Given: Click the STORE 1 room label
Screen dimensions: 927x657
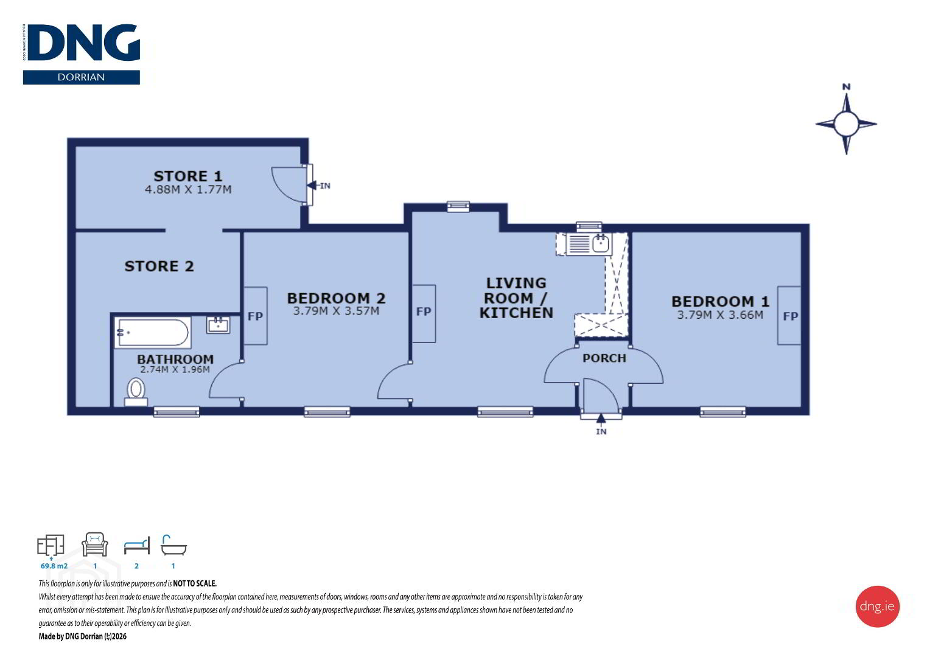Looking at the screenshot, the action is tap(188, 176).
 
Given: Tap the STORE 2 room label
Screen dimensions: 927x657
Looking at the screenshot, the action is tap(159, 266).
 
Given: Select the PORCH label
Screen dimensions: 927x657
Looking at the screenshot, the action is tap(604, 358).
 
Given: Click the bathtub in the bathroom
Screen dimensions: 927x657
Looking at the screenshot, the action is tap(153, 332).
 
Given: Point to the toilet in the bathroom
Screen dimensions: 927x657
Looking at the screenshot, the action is tap(136, 392).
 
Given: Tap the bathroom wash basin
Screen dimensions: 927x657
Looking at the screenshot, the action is tap(218, 325).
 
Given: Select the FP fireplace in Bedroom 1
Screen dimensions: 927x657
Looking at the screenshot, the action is tap(789, 316).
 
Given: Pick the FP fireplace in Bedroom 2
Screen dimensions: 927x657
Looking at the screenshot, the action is tap(255, 316).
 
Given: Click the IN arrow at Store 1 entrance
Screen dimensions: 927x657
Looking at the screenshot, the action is tap(319, 186).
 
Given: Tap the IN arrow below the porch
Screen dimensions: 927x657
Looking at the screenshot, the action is tap(601, 424).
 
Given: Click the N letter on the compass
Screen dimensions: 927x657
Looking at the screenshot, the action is tap(846, 87).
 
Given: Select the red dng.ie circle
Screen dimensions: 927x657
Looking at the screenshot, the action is tap(877, 607).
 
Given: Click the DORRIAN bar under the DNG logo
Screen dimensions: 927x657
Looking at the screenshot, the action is tap(81, 77).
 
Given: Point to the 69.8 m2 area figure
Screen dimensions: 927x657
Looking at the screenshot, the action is tap(54, 566).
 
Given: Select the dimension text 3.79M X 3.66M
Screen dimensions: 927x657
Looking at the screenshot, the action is tap(720, 315).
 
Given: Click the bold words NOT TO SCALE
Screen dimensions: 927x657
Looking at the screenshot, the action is tap(195, 583).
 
